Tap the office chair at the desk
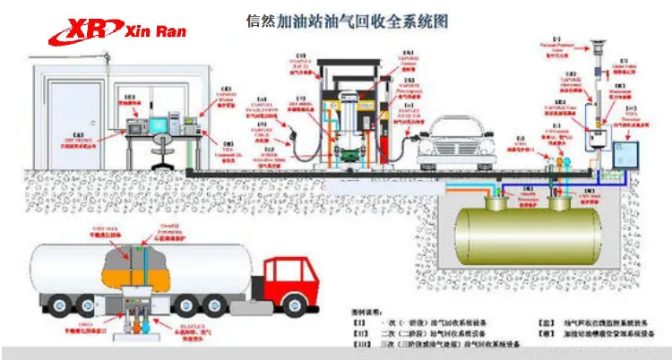(162, 152)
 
